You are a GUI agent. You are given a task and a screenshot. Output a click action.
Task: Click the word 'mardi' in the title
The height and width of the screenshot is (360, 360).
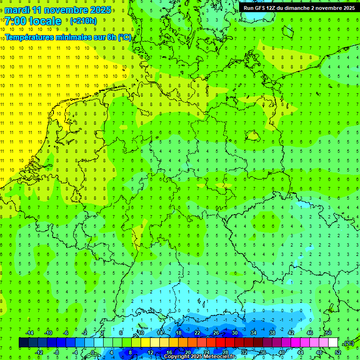(16, 10)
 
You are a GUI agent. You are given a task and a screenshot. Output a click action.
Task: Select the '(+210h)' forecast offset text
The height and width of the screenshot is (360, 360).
(83, 21)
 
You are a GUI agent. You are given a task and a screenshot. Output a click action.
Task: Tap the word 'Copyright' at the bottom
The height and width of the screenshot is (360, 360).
(177, 357)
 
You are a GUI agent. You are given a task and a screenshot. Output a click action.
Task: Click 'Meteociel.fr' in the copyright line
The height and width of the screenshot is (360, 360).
(220, 357)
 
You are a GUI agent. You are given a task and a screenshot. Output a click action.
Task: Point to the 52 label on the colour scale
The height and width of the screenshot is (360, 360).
(338, 352)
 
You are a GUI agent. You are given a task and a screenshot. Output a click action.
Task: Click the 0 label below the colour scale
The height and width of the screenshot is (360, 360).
(93, 352)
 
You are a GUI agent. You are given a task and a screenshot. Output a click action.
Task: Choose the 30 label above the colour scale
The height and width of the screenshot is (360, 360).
(235, 333)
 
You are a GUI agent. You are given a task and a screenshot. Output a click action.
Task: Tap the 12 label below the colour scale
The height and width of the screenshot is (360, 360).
(150, 352)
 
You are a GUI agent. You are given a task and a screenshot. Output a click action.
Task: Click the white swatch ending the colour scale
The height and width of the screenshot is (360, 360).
(333, 343)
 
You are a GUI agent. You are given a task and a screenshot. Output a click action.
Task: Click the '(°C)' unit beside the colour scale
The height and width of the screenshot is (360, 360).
(348, 343)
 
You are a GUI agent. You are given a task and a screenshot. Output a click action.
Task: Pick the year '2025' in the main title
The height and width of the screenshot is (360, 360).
(100, 10)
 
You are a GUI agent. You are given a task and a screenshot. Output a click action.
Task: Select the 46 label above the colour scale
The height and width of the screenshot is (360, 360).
(310, 333)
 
